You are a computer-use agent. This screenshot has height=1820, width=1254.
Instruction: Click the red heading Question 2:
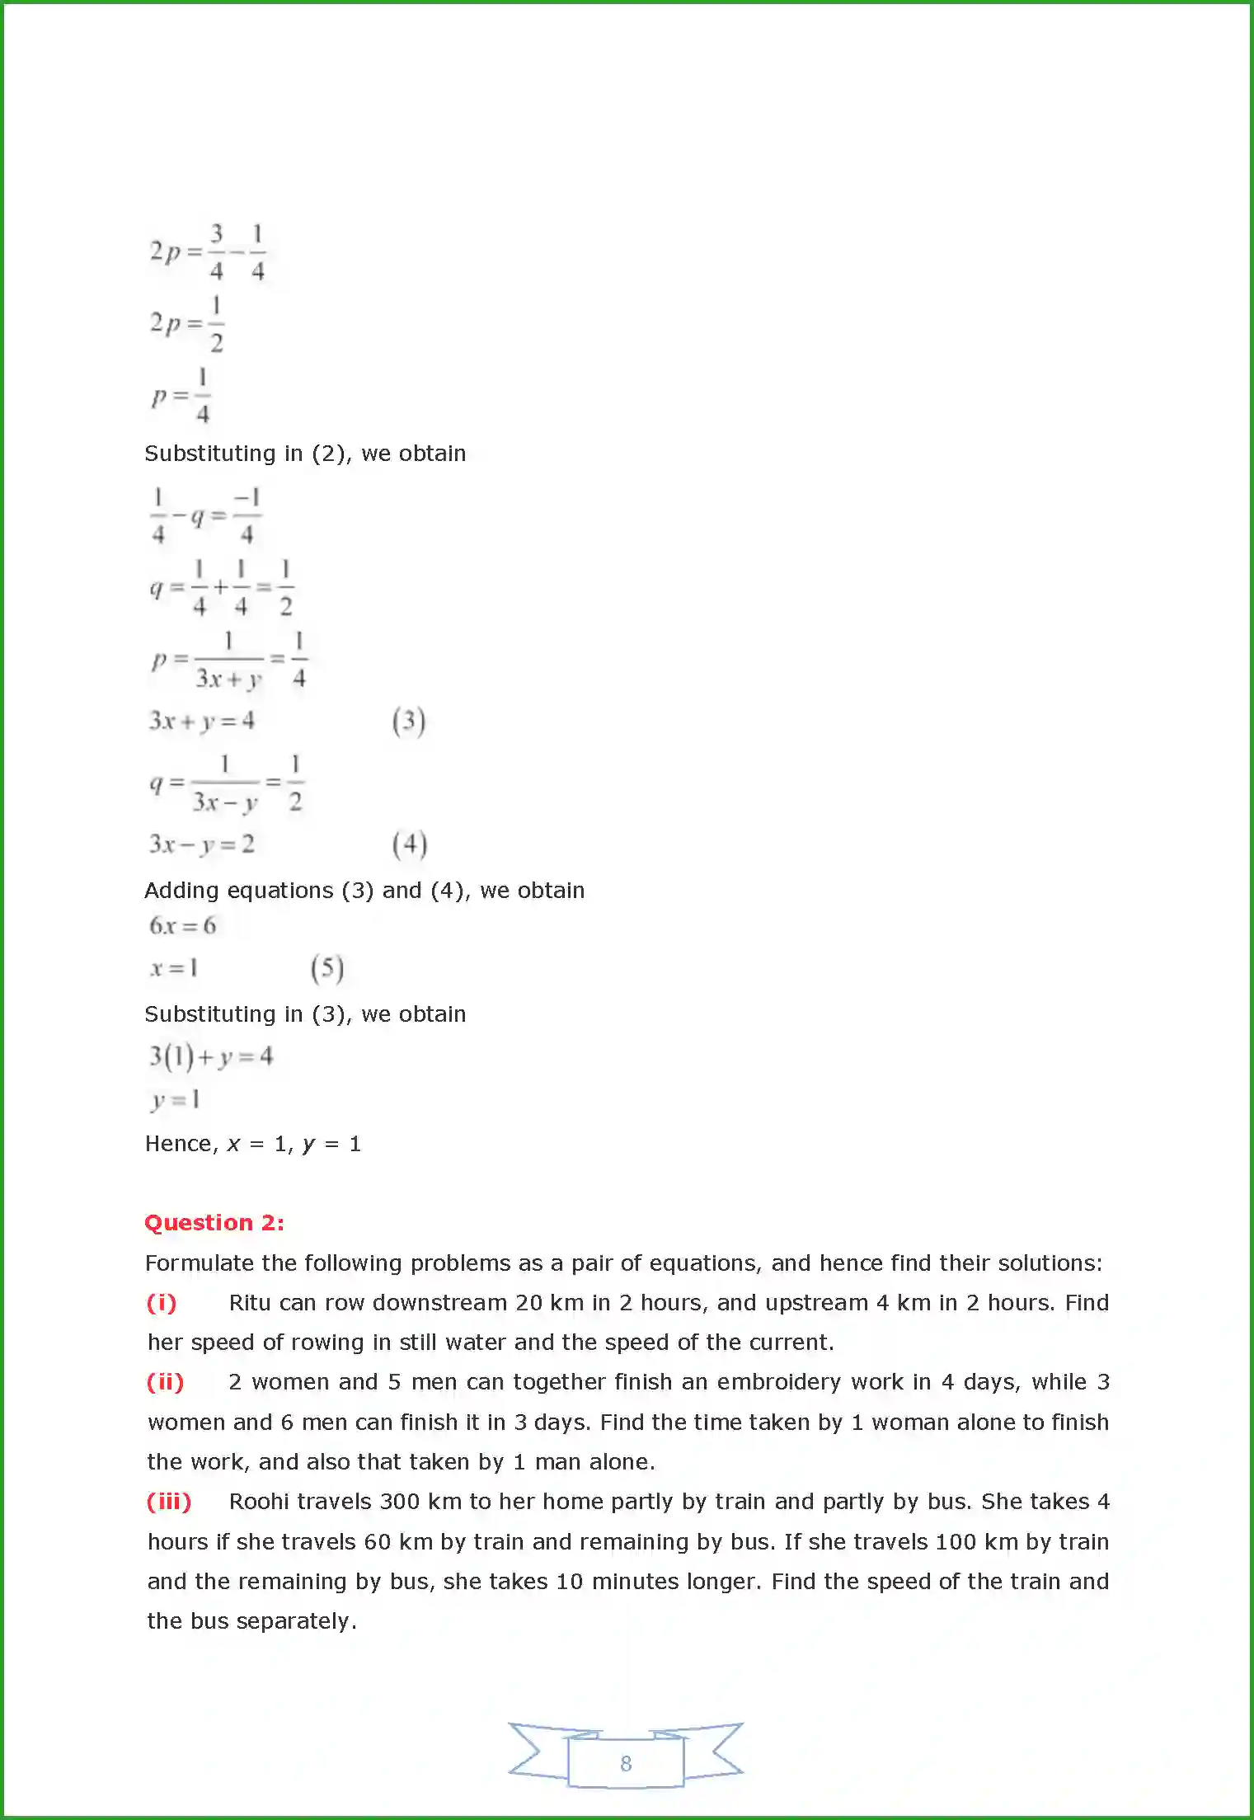click(x=214, y=1222)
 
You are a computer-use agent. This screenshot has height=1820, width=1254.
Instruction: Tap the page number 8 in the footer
click(x=626, y=1763)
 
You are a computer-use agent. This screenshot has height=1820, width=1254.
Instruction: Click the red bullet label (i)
click(x=162, y=1303)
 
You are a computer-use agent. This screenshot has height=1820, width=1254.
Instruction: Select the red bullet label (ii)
click(x=165, y=1382)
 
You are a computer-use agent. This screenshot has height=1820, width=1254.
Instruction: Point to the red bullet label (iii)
click(x=169, y=1502)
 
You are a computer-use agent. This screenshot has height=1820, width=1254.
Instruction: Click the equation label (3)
click(x=409, y=722)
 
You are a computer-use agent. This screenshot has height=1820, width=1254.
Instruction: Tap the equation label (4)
click(x=410, y=844)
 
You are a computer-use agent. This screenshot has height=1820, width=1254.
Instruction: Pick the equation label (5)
click(x=327, y=968)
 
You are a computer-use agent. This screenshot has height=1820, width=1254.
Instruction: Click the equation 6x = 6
click(x=182, y=926)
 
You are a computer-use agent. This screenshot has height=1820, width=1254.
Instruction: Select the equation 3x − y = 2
click(x=202, y=844)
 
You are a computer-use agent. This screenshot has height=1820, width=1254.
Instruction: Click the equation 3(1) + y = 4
click(x=210, y=1056)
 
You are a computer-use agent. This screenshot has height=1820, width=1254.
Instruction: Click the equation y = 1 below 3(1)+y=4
click(x=176, y=1099)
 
